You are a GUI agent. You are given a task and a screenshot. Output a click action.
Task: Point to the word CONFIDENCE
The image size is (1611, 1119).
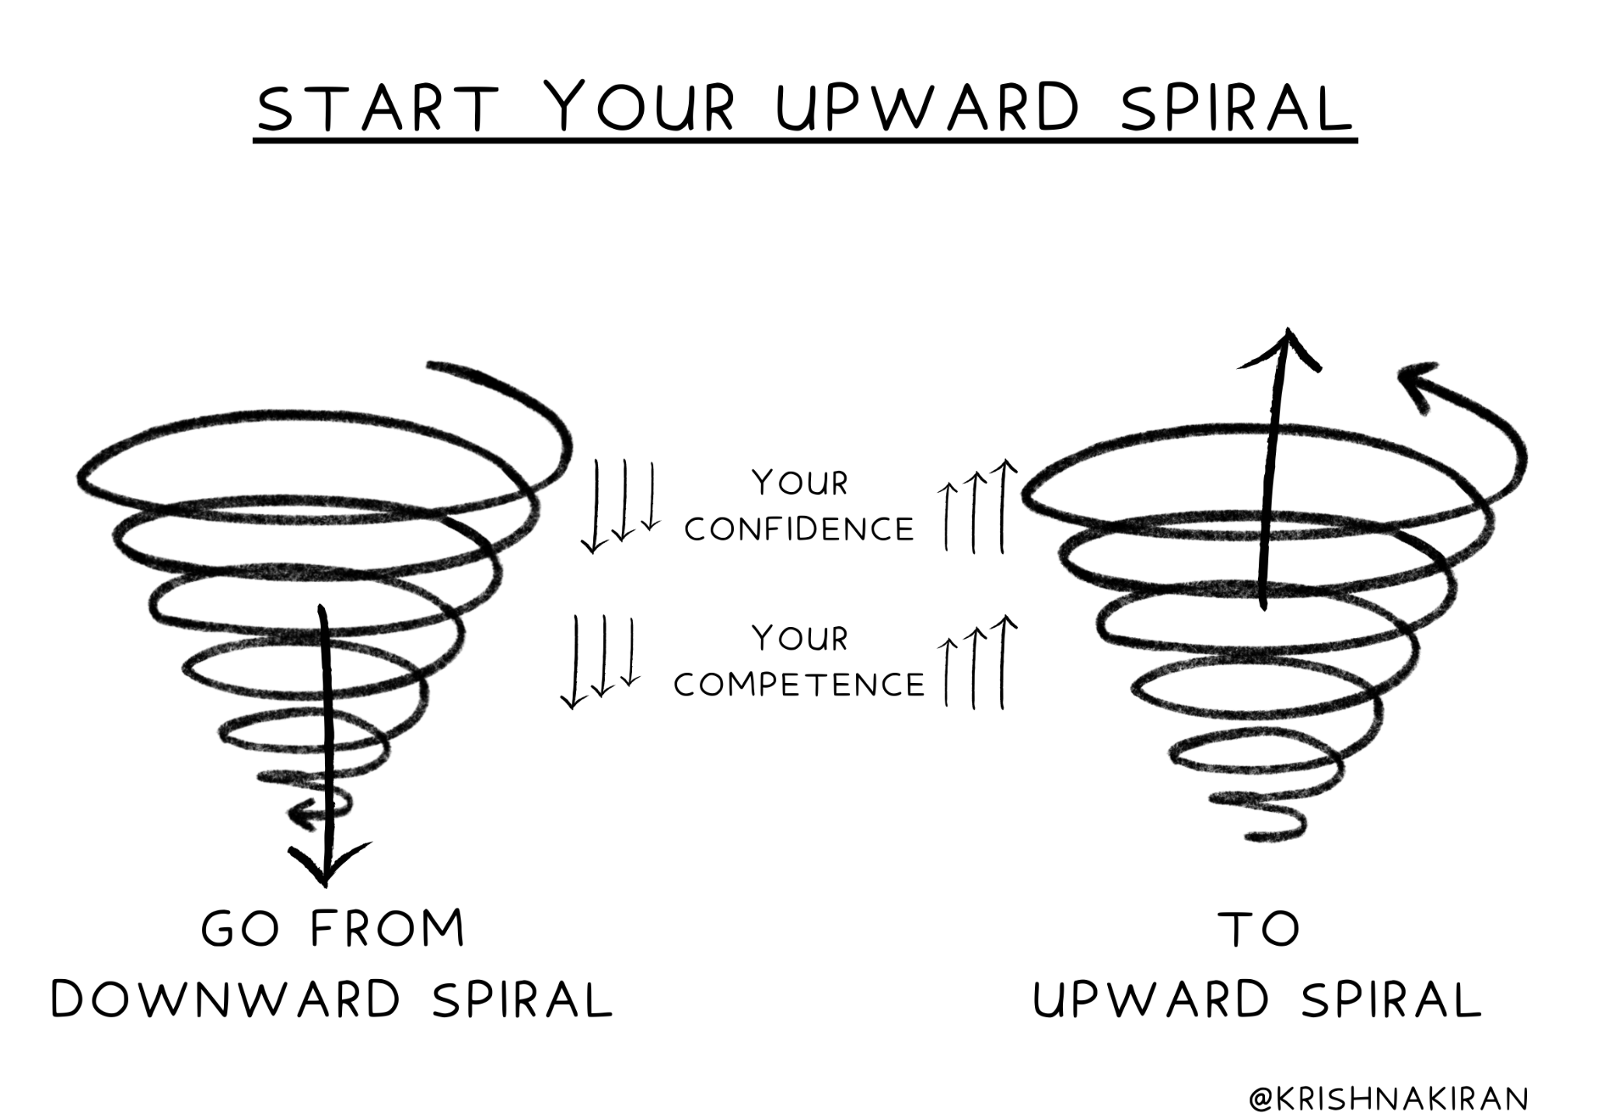click(799, 530)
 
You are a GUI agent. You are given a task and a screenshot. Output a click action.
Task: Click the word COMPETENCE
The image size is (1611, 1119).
click(799, 685)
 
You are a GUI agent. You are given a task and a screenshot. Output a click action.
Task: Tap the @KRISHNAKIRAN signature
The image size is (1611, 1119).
click(1389, 1099)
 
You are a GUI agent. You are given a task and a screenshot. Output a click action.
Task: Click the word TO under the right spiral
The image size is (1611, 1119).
click(1260, 929)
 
